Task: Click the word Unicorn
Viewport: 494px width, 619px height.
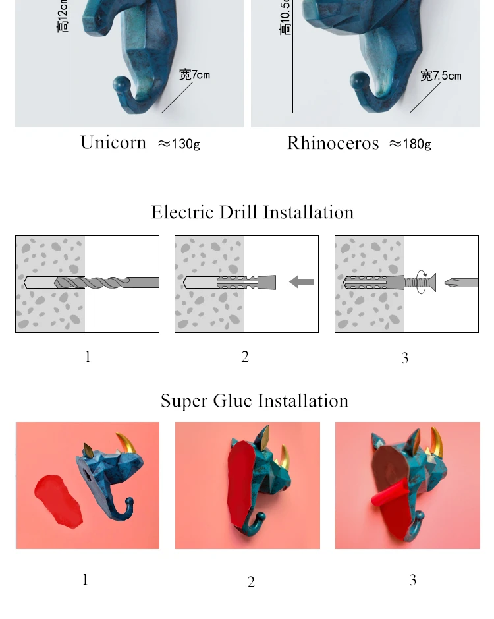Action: (113, 143)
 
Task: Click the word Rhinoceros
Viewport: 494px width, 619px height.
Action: (333, 144)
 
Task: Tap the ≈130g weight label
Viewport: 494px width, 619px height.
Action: (178, 144)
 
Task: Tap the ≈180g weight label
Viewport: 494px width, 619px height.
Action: (410, 144)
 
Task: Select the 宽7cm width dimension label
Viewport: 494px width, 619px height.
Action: (194, 74)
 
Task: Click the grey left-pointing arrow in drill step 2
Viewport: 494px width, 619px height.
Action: (302, 282)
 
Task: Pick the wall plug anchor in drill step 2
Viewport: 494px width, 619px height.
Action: (246, 282)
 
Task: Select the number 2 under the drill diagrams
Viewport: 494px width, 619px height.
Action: (245, 357)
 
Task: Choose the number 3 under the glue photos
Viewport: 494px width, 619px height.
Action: (413, 580)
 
